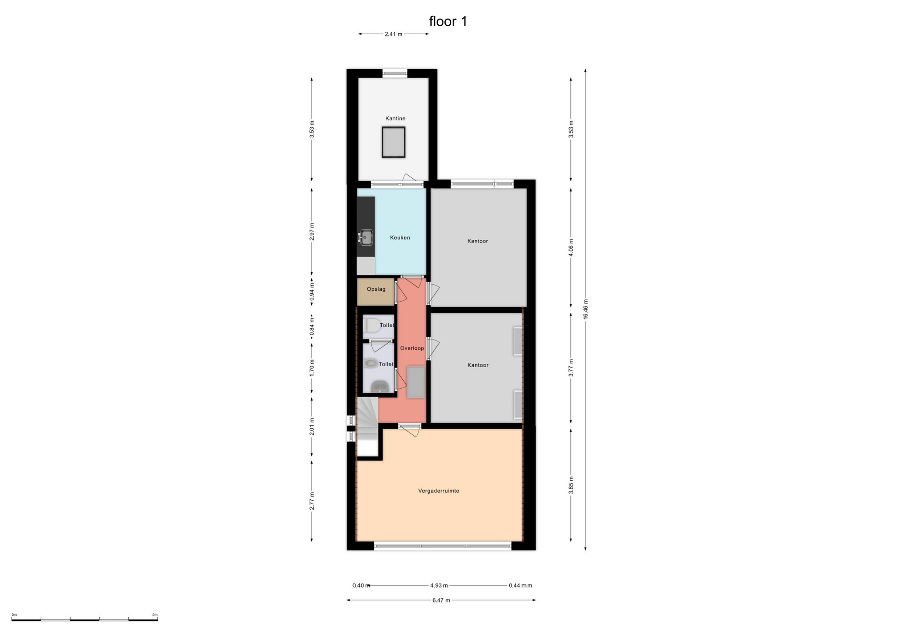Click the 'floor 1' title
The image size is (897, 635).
coord(448,22)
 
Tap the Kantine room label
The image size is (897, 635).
coord(395,118)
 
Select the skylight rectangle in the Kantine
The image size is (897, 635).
coord(393,142)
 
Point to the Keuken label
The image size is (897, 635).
coord(400,238)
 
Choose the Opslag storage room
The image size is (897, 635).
coord(376,292)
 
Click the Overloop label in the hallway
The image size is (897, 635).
coord(412,348)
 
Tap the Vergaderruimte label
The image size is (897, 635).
coord(439,491)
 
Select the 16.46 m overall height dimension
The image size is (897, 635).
coord(585,309)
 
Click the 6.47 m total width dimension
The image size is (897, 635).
coord(441,600)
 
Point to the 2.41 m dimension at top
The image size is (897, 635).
coord(393,34)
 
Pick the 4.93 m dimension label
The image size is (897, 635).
coord(439,585)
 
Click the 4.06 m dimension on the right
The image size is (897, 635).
coord(571,247)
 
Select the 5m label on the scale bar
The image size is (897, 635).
coord(155,614)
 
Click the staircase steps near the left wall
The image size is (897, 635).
coord(368,419)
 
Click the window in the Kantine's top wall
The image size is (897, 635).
coord(395,73)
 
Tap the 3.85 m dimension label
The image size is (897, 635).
coord(571,485)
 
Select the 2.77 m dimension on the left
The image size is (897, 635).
coord(312,501)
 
